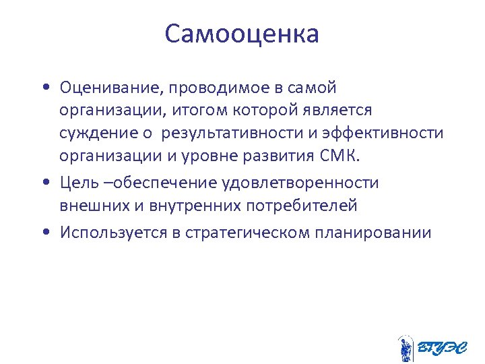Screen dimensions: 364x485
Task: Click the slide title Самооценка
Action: click(x=242, y=34)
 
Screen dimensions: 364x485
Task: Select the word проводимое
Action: click(x=200, y=88)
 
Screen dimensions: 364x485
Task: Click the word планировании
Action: click(x=371, y=233)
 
